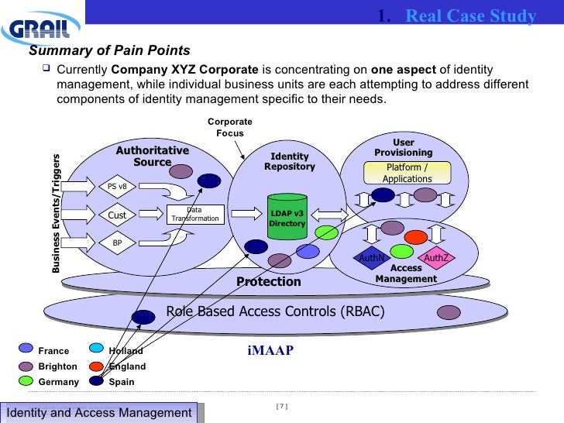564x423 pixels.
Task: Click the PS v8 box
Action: click(x=118, y=186)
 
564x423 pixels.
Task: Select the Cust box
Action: click(x=118, y=215)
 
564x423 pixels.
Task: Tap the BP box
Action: click(x=118, y=242)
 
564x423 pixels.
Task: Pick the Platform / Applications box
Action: click(x=407, y=173)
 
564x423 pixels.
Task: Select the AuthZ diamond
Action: click(x=435, y=258)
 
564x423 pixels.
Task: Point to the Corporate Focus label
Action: click(x=229, y=128)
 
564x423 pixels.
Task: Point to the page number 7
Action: click(x=281, y=407)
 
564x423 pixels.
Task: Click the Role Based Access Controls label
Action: click(x=275, y=312)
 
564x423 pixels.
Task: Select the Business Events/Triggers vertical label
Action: click(x=56, y=213)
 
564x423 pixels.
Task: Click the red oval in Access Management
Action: click(x=416, y=236)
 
